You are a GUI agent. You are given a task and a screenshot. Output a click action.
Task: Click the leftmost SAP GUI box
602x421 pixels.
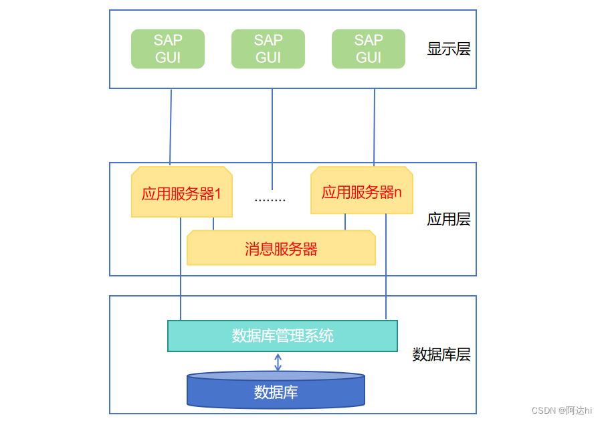(167, 49)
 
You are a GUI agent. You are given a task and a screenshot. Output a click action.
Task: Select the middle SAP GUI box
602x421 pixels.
(268, 49)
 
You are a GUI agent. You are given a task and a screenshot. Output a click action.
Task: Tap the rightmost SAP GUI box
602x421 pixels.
(368, 49)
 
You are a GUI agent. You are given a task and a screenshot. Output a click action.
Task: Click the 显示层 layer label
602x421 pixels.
(448, 49)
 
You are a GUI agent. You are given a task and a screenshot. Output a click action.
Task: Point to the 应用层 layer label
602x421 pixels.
(448, 219)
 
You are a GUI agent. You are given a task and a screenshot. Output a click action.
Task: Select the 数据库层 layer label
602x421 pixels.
(441, 354)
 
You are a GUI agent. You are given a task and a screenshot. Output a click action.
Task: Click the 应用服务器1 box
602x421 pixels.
(181, 193)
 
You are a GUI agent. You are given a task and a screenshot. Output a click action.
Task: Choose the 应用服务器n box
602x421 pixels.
(361, 191)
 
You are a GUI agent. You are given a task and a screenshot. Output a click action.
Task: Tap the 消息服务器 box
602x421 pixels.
(281, 249)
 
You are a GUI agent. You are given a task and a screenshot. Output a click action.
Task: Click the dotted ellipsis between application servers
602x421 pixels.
(270, 199)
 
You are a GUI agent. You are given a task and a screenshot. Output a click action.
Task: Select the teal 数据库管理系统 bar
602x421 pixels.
(282, 335)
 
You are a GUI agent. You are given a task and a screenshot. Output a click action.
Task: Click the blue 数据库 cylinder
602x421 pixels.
(276, 392)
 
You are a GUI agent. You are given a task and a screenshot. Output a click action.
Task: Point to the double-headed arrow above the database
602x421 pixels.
(278, 362)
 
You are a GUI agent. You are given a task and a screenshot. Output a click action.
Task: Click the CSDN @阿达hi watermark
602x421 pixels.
(561, 410)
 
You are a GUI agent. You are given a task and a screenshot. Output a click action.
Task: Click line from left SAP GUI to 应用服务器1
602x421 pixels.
(171, 127)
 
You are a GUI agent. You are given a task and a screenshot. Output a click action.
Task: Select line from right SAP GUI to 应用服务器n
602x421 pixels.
(374, 127)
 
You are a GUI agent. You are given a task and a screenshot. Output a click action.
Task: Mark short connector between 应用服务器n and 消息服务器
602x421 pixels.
(345, 222)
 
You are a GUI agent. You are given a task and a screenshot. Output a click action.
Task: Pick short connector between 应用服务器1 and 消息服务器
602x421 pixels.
(213, 224)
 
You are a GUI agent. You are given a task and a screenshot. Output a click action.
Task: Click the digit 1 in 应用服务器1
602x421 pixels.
(217, 193)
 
